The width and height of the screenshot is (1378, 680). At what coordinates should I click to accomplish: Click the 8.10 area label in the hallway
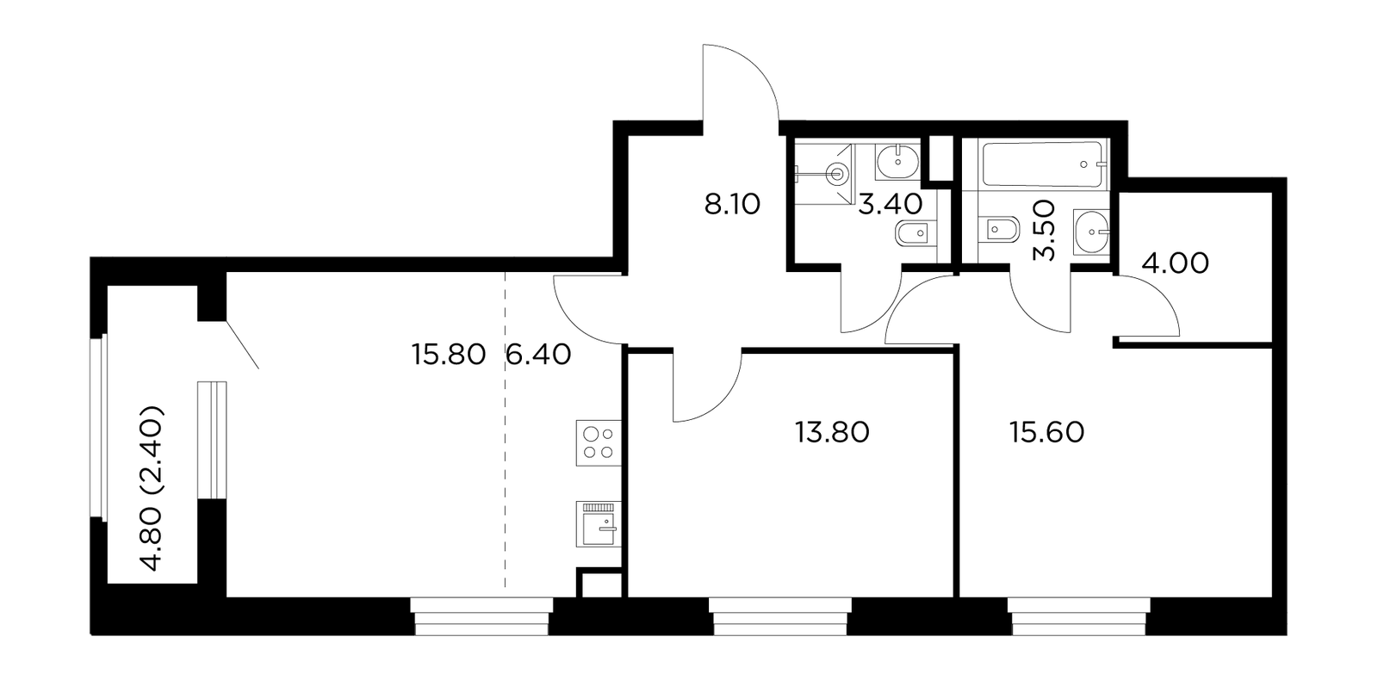pyautogui.click(x=732, y=204)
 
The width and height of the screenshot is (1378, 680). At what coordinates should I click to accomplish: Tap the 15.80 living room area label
pyautogui.click(x=449, y=355)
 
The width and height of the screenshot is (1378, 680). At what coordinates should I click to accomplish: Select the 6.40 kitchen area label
pyautogui.click(x=538, y=355)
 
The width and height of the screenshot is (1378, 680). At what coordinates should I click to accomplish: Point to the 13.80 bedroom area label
pyautogui.click(x=832, y=432)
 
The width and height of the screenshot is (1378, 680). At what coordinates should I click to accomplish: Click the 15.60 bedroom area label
pyautogui.click(x=1046, y=432)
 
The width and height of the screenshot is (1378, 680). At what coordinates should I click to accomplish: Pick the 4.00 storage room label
pyautogui.click(x=1175, y=263)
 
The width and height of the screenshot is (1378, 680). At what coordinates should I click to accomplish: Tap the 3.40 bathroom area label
pyautogui.click(x=891, y=204)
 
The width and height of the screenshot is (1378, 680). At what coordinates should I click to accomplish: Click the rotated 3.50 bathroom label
pyautogui.click(x=1044, y=231)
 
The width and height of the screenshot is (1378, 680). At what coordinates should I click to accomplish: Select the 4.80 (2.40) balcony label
pyautogui.click(x=152, y=487)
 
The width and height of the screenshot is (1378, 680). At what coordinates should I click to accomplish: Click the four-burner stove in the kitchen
pyautogui.click(x=599, y=442)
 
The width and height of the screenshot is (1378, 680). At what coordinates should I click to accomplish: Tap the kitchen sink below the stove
pyautogui.click(x=599, y=524)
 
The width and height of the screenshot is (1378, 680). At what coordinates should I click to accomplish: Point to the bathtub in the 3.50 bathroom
pyautogui.click(x=1044, y=164)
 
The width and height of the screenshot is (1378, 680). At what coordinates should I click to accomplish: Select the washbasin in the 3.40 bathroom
pyautogui.click(x=897, y=163)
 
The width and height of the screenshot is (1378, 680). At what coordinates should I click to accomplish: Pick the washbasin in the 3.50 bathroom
pyautogui.click(x=1091, y=232)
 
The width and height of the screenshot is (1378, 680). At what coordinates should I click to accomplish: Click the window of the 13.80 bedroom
pyautogui.click(x=780, y=616)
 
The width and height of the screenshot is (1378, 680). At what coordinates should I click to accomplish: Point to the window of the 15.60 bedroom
pyautogui.click(x=1078, y=616)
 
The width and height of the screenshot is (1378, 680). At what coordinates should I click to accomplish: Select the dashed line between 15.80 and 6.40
pyautogui.click(x=505, y=430)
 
